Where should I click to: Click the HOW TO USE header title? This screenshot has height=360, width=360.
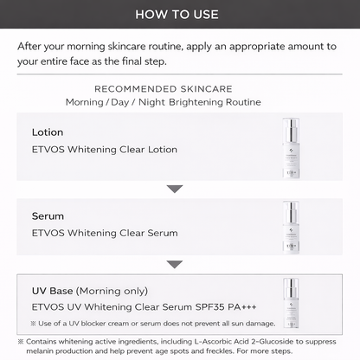(179, 15)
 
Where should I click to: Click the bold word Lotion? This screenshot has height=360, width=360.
(47, 132)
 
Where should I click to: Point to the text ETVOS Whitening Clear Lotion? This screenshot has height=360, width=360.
(105, 150)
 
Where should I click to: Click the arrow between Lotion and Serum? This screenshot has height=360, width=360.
(175, 188)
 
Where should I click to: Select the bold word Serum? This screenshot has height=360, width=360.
(48, 215)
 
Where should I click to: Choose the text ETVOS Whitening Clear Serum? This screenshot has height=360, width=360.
(105, 233)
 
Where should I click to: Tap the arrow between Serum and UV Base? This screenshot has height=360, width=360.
(175, 264)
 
